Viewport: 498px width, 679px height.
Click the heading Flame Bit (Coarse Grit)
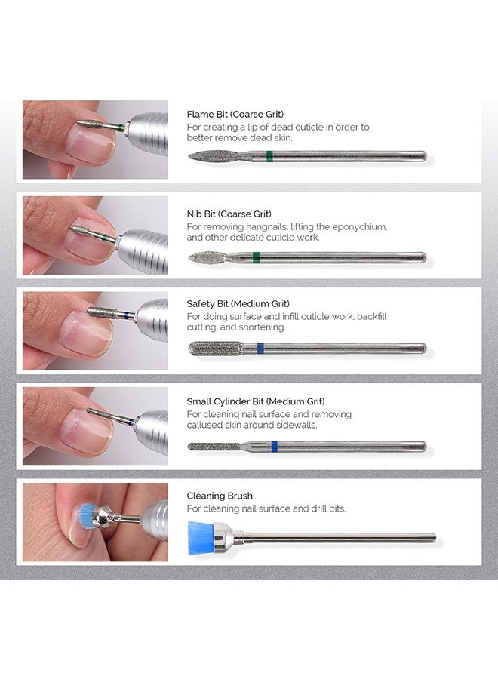[235, 115]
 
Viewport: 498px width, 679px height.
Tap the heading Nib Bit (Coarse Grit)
[229, 214]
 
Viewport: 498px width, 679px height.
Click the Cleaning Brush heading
[220, 496]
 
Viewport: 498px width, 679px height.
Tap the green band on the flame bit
[269, 156]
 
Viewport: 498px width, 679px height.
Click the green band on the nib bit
[257, 257]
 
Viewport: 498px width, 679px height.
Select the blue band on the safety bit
[260, 348]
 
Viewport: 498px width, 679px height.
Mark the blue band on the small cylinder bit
[274, 446]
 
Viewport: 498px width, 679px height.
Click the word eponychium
[361, 226]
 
